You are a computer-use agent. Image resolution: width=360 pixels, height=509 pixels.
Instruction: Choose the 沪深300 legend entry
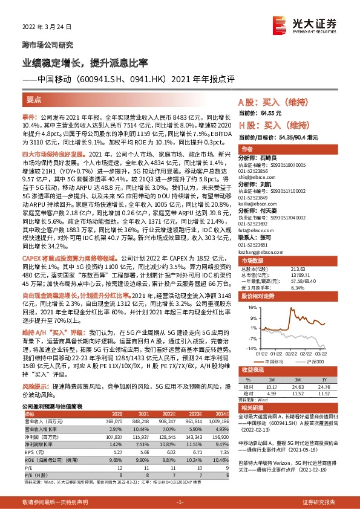(314, 361)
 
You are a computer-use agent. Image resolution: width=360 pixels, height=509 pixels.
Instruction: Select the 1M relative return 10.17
(271, 386)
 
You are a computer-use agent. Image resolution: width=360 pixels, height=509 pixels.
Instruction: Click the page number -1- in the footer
(180, 502)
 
